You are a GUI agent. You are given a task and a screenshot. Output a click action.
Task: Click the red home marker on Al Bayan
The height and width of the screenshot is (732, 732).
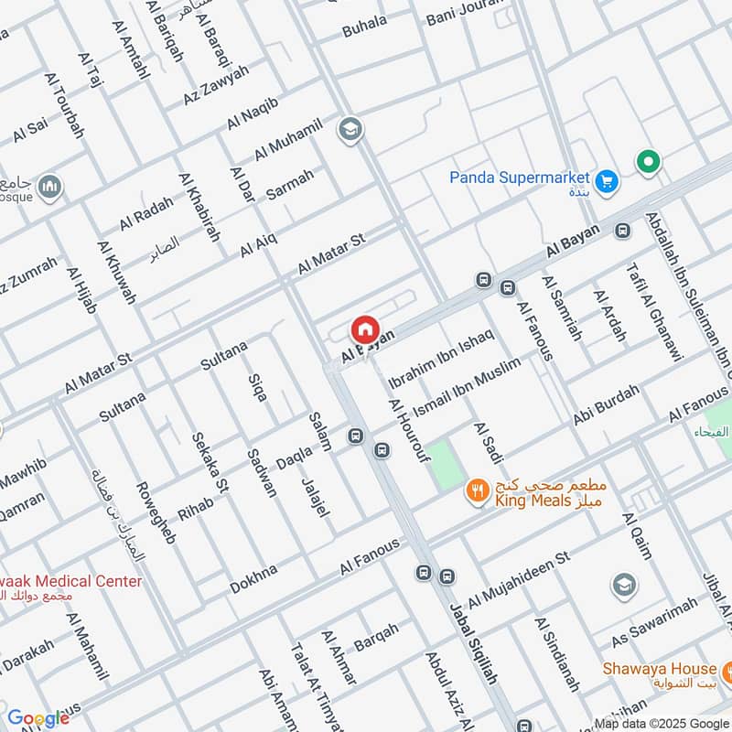click(x=364, y=329)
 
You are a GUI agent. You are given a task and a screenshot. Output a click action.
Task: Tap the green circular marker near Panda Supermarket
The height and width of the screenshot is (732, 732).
click(x=649, y=163)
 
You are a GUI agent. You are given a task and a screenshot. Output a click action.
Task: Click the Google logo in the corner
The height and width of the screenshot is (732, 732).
click(x=38, y=718)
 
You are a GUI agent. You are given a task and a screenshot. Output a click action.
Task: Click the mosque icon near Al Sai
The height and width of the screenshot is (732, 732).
click(x=49, y=187)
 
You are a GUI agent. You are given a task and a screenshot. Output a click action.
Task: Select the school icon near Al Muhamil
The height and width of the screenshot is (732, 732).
click(x=349, y=130)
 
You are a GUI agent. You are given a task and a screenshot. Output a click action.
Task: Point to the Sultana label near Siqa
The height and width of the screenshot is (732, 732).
click(x=224, y=355)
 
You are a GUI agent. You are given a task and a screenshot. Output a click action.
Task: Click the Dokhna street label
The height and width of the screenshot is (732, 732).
click(x=253, y=579)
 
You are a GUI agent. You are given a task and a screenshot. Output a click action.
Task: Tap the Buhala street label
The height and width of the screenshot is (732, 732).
click(x=364, y=27)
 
